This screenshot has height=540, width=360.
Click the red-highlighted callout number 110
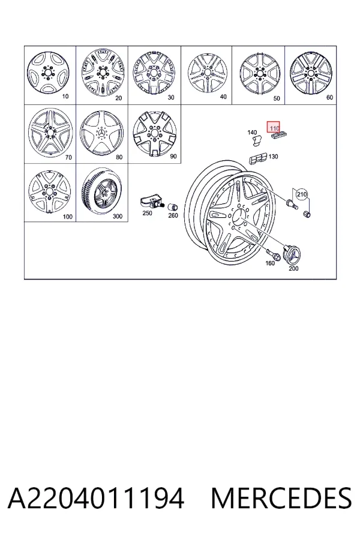274,128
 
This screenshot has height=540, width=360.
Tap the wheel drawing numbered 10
48,73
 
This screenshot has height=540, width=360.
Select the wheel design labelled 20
103,73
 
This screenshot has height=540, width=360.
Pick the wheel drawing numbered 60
311,73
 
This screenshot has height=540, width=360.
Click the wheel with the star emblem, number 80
101,133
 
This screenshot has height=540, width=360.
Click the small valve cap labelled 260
172,207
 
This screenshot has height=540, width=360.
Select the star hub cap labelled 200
292,255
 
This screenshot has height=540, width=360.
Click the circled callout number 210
301,194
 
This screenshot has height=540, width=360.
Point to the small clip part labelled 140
256,141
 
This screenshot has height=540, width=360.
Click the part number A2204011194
96,498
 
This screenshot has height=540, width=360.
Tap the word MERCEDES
281,498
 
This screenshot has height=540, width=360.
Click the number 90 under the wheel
173,157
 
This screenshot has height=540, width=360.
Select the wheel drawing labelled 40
208,73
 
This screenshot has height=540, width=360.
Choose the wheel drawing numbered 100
50,191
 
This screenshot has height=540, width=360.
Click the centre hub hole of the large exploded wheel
238,217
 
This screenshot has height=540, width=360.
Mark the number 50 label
276,98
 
